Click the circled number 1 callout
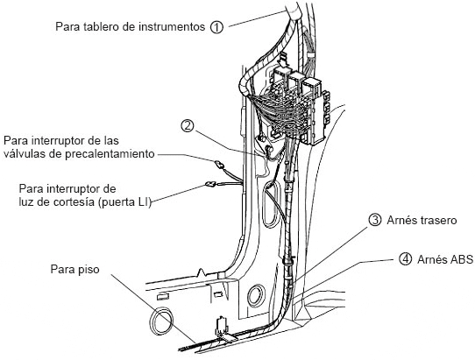pos(216,27)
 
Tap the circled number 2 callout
pos(188,125)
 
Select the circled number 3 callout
pos(375,220)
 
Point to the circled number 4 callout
pos(405,259)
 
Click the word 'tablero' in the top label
pos(101,26)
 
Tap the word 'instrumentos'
pos(172,27)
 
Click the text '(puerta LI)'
pos(124,202)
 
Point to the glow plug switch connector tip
pos(218,165)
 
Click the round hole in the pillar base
pos(256,296)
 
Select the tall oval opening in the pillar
pos(270,205)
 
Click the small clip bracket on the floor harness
pos(222,327)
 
